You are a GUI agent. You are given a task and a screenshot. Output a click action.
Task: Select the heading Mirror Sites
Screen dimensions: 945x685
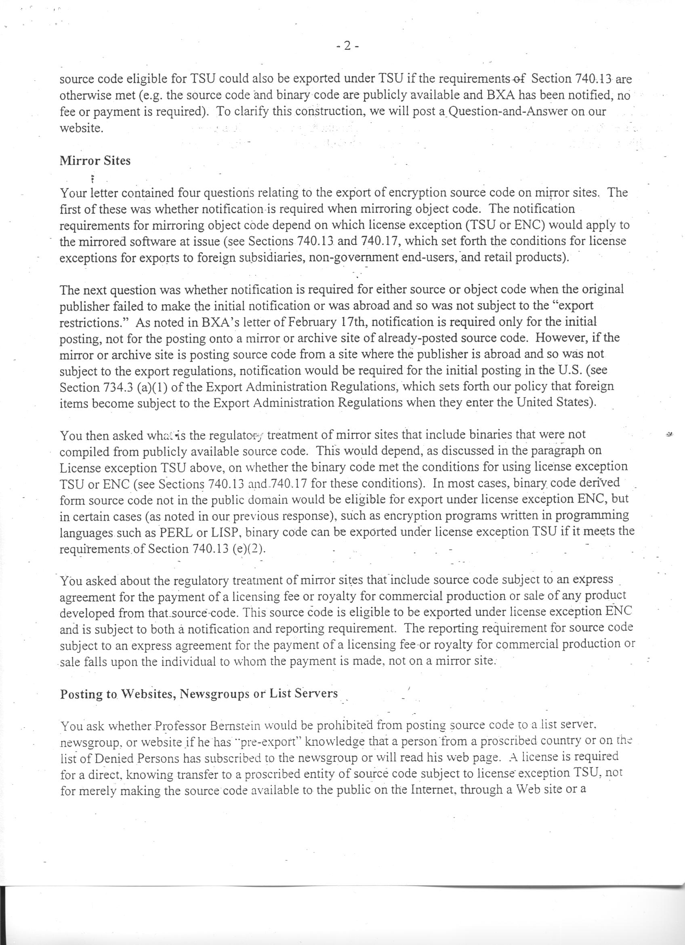pos(95,161)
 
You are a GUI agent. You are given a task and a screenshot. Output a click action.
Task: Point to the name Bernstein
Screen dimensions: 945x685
pos(234,726)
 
